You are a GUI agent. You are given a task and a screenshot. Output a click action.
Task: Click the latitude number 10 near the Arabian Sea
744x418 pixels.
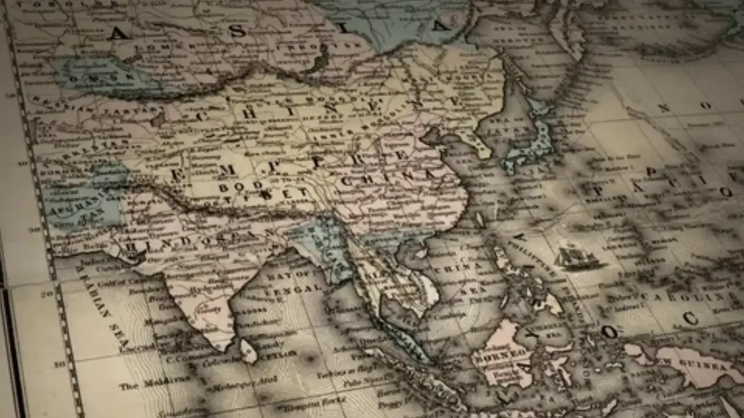click(x=60, y=365)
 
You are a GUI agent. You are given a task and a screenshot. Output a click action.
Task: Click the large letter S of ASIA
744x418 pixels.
click(x=237, y=31)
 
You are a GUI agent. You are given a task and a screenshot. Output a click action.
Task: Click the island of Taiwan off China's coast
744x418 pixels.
click(x=479, y=220)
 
